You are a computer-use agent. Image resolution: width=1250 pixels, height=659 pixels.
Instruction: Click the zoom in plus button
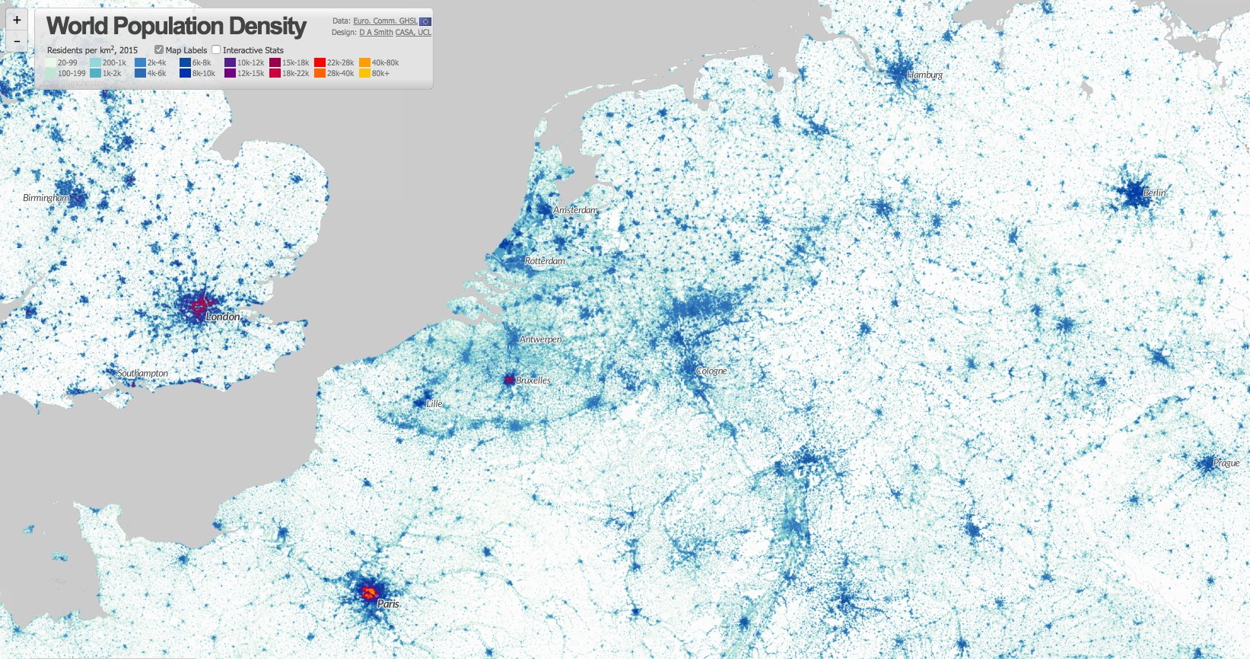pos(17,21)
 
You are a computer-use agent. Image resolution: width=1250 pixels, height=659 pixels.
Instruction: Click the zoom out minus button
pos(17,40)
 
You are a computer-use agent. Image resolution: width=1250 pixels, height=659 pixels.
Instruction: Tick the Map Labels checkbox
pos(159,50)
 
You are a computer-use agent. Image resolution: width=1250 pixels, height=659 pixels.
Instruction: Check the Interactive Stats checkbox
pos(216,50)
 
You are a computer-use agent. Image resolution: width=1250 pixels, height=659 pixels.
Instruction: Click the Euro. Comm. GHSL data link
pos(385,21)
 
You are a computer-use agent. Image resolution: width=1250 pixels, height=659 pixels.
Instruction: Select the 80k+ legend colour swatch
pos(364,74)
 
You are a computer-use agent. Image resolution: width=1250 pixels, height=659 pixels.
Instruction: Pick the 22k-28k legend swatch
pos(320,63)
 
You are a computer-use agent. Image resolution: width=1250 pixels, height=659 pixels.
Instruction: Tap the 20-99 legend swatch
pos(51,63)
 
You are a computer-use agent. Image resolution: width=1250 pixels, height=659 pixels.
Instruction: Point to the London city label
pos(223,317)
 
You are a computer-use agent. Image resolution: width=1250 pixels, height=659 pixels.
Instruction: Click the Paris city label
pos(388,603)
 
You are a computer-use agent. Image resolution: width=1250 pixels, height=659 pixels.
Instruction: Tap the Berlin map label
pos(1154,193)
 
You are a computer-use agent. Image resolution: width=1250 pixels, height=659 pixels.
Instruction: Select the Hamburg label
pos(924,75)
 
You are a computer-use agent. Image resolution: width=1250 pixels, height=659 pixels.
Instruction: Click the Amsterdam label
pos(575,210)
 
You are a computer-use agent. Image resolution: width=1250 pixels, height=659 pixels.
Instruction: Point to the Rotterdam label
pos(545,261)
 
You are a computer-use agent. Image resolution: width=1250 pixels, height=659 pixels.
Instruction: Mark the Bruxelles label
pos(533,380)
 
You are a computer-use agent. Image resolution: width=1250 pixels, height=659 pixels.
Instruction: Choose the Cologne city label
pos(711,371)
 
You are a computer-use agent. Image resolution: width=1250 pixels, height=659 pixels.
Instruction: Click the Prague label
pos(1226,463)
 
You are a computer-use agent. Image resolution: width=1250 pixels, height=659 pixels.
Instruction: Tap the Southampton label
pos(143,374)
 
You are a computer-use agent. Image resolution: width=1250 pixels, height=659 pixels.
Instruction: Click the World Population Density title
pos(177,26)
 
